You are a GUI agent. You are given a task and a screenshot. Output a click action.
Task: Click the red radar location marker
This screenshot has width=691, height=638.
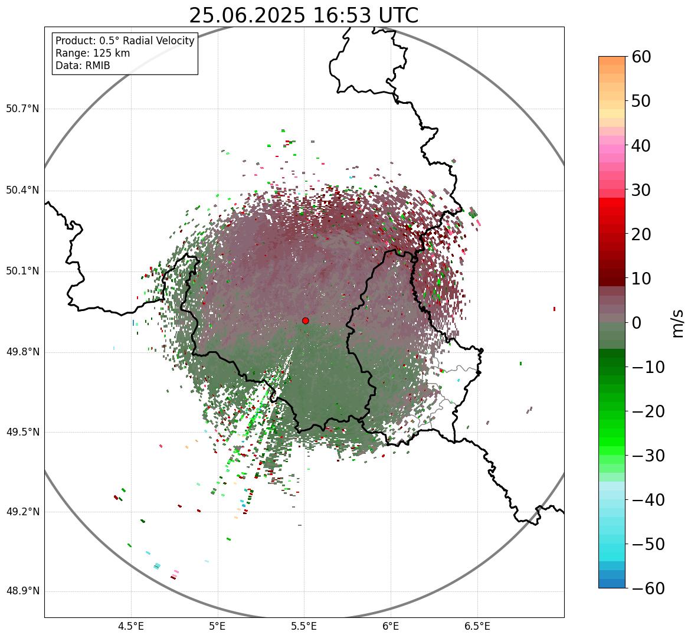[x=306, y=320]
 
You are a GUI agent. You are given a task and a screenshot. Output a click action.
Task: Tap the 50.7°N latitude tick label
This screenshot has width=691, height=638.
[x=22, y=109]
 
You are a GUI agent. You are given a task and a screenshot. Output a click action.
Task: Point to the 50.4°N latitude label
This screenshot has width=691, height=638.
[x=22, y=190]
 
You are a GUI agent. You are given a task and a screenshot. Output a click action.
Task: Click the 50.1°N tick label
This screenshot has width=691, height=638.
[x=22, y=271]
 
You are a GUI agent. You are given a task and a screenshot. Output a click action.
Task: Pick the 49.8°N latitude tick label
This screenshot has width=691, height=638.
[x=22, y=352]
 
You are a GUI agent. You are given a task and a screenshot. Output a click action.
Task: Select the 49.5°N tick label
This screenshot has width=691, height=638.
[x=22, y=432]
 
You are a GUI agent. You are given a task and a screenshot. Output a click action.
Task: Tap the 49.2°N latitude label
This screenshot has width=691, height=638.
[x=22, y=512]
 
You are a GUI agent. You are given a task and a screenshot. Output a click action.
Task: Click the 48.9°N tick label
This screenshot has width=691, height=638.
[x=22, y=591]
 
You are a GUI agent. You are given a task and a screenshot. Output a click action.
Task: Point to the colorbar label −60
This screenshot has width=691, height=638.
[x=647, y=588]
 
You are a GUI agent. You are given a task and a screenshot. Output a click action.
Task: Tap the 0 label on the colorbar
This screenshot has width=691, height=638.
[x=637, y=323]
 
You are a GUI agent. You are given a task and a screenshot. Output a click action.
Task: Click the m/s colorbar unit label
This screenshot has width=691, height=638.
[x=679, y=323]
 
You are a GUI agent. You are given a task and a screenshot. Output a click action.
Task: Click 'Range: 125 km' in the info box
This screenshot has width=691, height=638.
[x=93, y=53]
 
